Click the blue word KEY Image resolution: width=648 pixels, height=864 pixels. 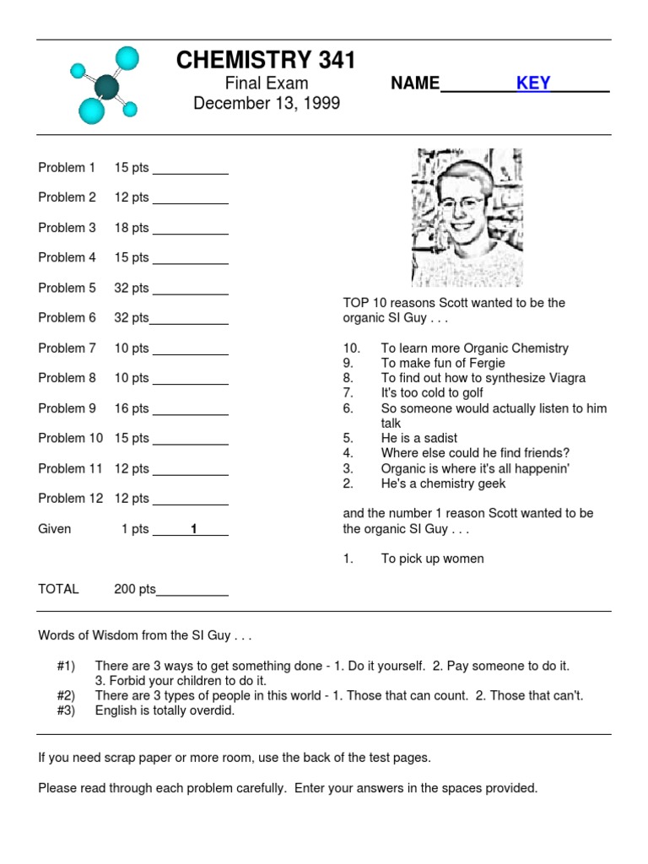(533, 83)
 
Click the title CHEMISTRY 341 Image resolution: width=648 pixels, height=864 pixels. (266, 60)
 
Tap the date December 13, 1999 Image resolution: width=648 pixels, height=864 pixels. (266, 104)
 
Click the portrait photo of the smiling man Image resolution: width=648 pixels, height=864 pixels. (467, 218)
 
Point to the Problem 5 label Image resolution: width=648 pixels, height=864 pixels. (67, 288)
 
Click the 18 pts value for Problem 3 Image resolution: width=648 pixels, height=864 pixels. (132, 228)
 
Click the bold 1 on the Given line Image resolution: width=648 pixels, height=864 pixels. (194, 529)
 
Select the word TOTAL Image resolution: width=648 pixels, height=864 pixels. (58, 589)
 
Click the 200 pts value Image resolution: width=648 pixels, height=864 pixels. (134, 589)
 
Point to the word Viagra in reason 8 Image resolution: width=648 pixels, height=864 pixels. (566, 378)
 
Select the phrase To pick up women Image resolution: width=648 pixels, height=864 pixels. (432, 559)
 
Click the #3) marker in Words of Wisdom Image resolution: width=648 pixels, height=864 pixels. (66, 710)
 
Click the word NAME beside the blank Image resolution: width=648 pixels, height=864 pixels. (415, 83)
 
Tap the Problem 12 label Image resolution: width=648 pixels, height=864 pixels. (70, 499)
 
